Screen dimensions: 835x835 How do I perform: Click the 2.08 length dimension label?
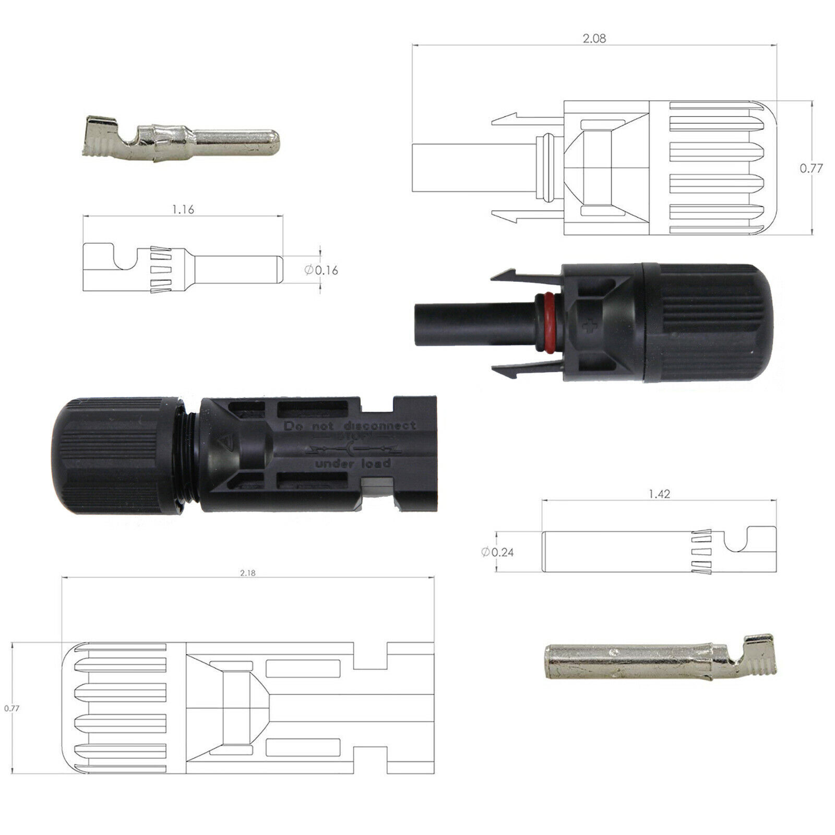pyautogui.click(x=595, y=39)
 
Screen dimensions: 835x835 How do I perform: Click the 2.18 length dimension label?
pyautogui.click(x=248, y=572)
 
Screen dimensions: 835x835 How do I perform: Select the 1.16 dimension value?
pyautogui.click(x=183, y=210)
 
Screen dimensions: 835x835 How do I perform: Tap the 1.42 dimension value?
pyautogui.click(x=660, y=494)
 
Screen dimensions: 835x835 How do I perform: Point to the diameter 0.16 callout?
pyautogui.click(x=321, y=270)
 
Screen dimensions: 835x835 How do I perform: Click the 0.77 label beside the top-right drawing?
pyautogui.click(x=811, y=169)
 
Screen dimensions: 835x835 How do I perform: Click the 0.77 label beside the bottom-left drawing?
pyautogui.click(x=11, y=709)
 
